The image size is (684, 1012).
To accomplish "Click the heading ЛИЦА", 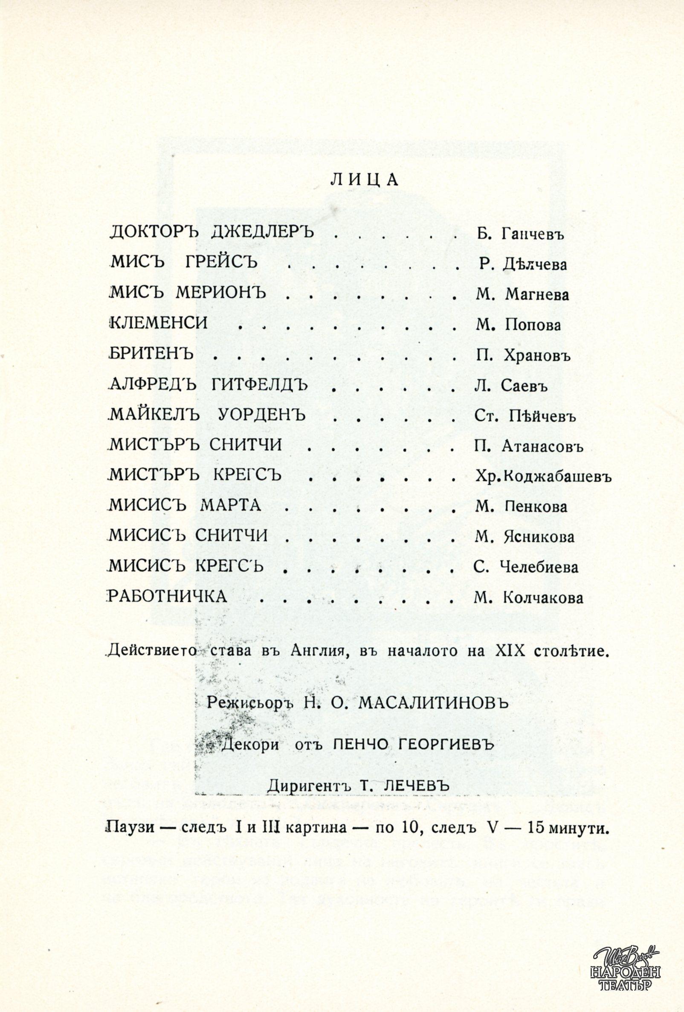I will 364,180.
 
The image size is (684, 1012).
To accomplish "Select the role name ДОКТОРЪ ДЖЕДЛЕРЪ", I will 212,232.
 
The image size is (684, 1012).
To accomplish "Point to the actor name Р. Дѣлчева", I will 523,264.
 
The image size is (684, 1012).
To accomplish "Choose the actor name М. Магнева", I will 522,295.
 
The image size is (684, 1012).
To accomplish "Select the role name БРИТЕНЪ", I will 151,354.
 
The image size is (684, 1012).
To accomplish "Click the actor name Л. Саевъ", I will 511,386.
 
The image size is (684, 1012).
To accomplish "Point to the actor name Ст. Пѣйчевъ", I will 525,416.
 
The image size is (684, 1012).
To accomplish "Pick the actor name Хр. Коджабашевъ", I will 543,477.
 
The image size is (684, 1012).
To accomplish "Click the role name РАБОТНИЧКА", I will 168,596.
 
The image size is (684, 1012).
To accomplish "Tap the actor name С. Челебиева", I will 526,567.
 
